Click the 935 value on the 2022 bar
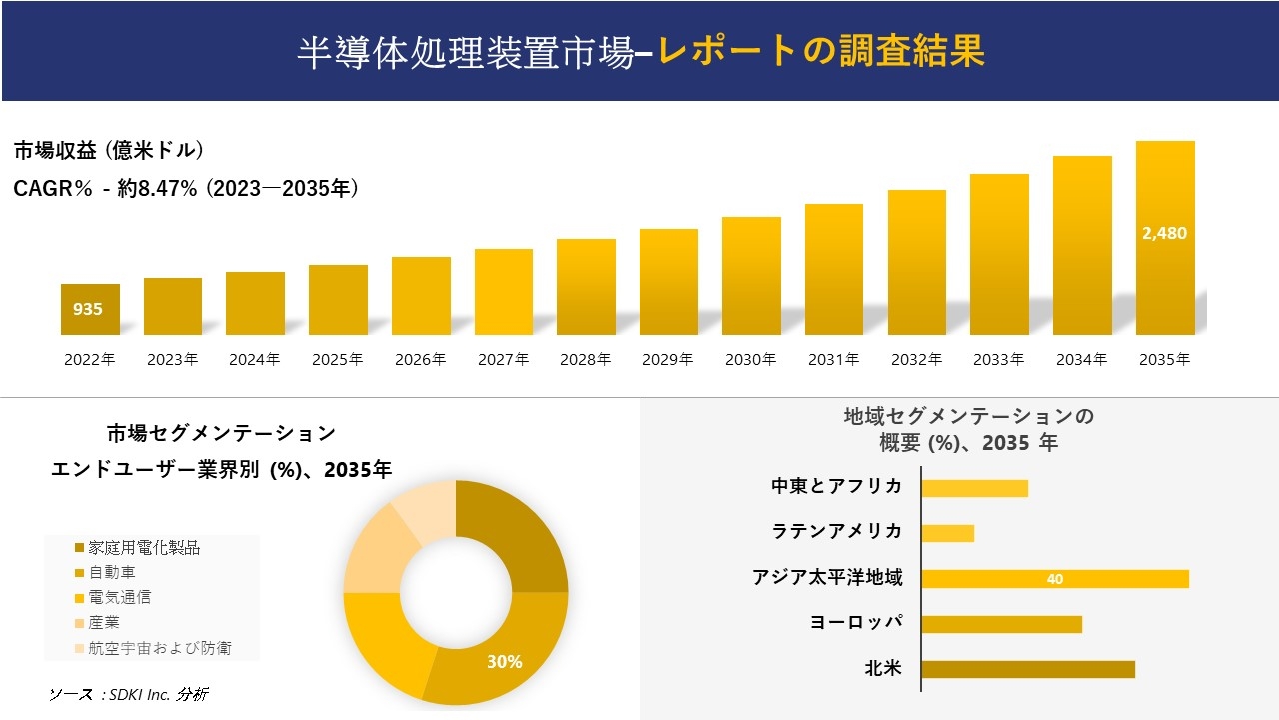(88, 310)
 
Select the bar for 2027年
(504, 292)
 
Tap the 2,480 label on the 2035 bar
(1164, 233)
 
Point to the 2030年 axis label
(750, 360)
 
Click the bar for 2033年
(999, 254)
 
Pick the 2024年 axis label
(255, 360)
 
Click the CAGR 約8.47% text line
(186, 188)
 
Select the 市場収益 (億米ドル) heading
(109, 151)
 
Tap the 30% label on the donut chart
(505, 661)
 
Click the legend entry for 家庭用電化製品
(144, 548)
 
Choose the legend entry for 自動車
(112, 573)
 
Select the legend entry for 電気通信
(120, 598)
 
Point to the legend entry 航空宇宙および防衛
(160, 648)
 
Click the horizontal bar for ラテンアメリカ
(947, 533)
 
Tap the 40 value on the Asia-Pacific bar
(1055, 579)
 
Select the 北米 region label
(883, 668)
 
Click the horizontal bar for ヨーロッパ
(1001, 624)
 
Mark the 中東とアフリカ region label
(836, 487)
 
